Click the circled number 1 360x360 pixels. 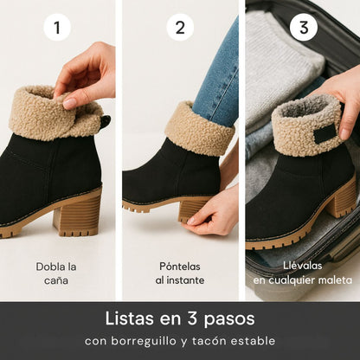pos(57,28)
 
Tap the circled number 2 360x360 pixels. pos(180,28)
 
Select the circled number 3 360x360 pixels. pos(304,28)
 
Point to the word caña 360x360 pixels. pos(56,280)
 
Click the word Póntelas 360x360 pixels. pos(180,266)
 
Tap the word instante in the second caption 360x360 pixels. pos(185,280)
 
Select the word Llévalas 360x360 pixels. pos(303,266)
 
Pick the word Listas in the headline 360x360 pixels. pos(129,318)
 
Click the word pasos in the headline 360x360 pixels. pos(229,319)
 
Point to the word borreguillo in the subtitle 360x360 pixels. pos(144,341)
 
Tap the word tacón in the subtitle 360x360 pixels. pos(209,341)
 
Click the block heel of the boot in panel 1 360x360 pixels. pos(79,215)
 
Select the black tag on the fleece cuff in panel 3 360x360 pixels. pos(324,135)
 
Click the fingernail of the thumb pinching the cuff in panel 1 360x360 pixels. pos(69,103)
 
